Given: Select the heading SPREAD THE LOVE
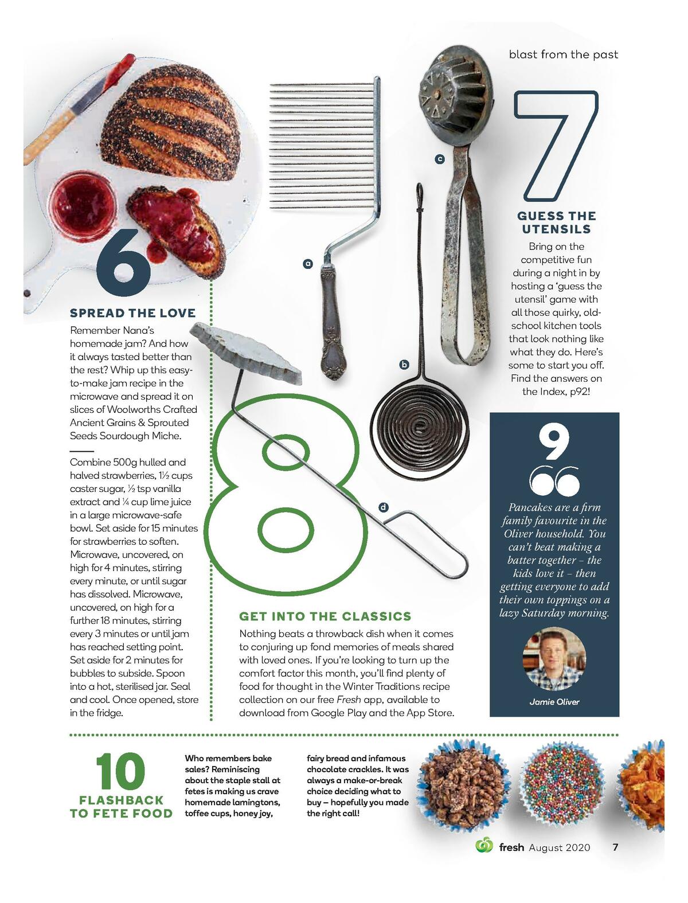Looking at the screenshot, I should pos(132,313).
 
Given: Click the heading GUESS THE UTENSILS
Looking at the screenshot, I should pos(556,222).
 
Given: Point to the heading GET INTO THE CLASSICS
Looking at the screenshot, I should pos(325,616).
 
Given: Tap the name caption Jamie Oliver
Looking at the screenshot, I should pos(554,702).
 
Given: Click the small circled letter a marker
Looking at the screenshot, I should pos(308,264).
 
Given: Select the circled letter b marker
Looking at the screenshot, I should pos(404,365).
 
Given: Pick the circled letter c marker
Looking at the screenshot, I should pos(440,159).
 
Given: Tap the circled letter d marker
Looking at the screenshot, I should pos(383,507).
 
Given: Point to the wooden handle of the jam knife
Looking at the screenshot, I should pos(49,136).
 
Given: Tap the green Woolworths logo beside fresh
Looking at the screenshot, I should pos(484,846).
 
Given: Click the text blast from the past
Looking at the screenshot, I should pos(564,54).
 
